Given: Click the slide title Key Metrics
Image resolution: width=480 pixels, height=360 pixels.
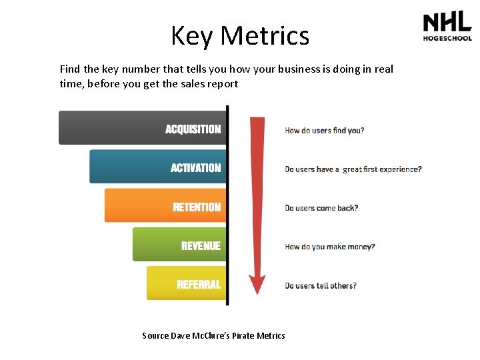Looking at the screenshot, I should [240, 35].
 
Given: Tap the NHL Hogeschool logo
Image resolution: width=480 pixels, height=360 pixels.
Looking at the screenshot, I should [447, 27].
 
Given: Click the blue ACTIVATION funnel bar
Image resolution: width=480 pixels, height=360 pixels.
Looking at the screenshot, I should [157, 167].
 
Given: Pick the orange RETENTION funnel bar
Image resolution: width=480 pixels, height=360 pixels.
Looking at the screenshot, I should [165, 206].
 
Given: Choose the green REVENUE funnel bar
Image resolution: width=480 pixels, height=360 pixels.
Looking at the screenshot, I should [179, 245].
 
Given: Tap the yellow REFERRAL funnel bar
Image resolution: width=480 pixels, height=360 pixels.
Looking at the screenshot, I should [186, 283].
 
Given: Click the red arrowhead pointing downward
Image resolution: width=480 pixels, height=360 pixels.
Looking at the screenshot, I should [257, 283].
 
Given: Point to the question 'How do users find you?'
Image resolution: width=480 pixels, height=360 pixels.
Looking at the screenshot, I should [325, 131].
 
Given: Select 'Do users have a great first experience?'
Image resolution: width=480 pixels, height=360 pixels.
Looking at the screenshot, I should [353, 169].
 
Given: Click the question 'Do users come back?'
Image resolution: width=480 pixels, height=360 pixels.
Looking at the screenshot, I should [321, 208].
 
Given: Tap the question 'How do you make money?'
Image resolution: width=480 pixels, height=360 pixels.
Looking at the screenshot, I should [330, 247].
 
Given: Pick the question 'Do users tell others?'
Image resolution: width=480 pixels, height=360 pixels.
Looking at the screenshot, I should [321, 285].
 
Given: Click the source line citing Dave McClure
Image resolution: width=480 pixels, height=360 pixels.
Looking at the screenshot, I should [213, 335].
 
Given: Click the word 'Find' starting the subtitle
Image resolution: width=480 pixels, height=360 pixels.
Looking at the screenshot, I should [70, 69].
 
